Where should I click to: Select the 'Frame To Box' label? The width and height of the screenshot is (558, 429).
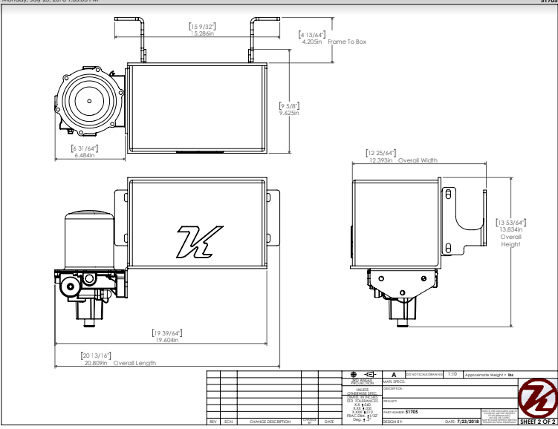pos(347,42)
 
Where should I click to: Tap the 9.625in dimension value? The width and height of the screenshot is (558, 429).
pos(289,113)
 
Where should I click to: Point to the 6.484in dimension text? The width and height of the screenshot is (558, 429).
pos(84,155)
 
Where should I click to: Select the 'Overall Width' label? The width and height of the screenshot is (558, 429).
pos(418,160)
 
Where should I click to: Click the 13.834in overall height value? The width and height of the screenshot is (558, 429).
pos(510,229)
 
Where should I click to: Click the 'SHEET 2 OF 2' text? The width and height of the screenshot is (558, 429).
pos(538,422)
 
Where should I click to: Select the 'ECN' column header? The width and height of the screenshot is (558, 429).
pos(229,422)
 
